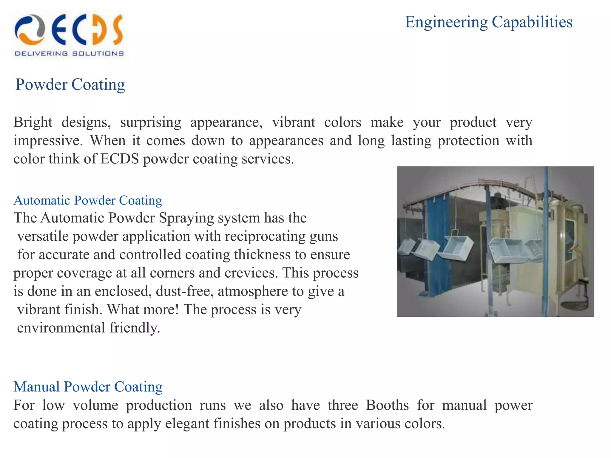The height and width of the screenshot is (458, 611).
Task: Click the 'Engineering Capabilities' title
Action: tap(488, 22)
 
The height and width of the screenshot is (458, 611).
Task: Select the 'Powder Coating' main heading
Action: tap(70, 85)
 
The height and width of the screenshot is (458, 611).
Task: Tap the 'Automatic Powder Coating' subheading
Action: tap(88, 200)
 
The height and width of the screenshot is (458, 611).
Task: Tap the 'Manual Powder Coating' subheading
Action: tap(88, 387)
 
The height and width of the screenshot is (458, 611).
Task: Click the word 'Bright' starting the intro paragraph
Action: tap(33, 123)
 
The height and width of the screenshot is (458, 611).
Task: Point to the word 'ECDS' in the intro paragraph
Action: tap(119, 159)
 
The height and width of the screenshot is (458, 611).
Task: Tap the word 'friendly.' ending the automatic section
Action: tap(135, 328)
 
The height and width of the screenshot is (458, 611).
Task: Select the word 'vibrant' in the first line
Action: tap(293, 123)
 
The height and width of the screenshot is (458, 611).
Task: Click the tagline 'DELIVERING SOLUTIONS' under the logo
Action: tap(69, 54)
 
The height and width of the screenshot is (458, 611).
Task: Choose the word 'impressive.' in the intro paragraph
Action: tap(48, 141)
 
